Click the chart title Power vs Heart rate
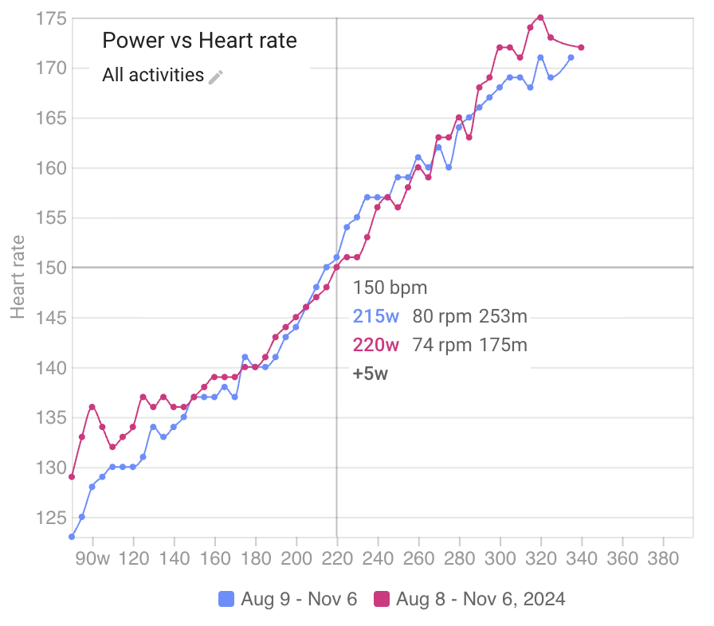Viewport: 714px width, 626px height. pyautogui.click(x=199, y=41)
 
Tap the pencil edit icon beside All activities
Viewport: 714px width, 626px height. pyautogui.click(x=216, y=76)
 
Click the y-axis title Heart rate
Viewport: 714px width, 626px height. pyautogui.click(x=17, y=276)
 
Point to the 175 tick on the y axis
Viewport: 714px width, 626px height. pyautogui.click(x=51, y=18)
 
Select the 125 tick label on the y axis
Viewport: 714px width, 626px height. pyautogui.click(x=51, y=518)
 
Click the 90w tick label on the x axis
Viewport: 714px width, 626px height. pyautogui.click(x=92, y=558)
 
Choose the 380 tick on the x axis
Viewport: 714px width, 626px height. pyautogui.click(x=663, y=558)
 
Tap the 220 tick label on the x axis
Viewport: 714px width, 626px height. pyautogui.click(x=337, y=558)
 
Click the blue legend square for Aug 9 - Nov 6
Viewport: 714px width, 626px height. pyautogui.click(x=226, y=599)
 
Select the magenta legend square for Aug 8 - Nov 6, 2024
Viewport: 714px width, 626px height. pyautogui.click(x=382, y=599)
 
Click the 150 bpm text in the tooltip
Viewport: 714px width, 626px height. pyautogui.click(x=390, y=288)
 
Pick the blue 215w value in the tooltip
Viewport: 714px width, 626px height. pyautogui.click(x=375, y=316)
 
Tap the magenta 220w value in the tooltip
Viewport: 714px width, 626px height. pyautogui.click(x=375, y=345)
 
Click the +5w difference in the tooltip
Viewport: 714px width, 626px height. pyautogui.click(x=371, y=373)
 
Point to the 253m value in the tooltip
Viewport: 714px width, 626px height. pyautogui.click(x=503, y=316)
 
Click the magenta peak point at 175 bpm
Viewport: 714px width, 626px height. pyautogui.click(x=540, y=18)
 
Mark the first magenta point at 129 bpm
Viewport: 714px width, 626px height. pyautogui.click(x=72, y=476)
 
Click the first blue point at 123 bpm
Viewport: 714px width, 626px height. pyautogui.click(x=72, y=537)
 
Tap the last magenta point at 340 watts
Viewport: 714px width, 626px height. pyautogui.click(x=581, y=48)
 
